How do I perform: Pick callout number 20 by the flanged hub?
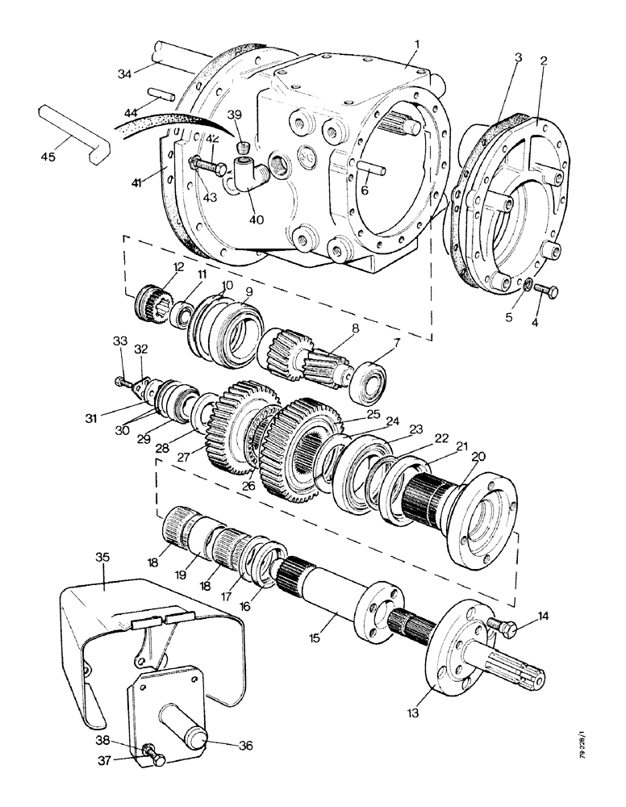[478, 457]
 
